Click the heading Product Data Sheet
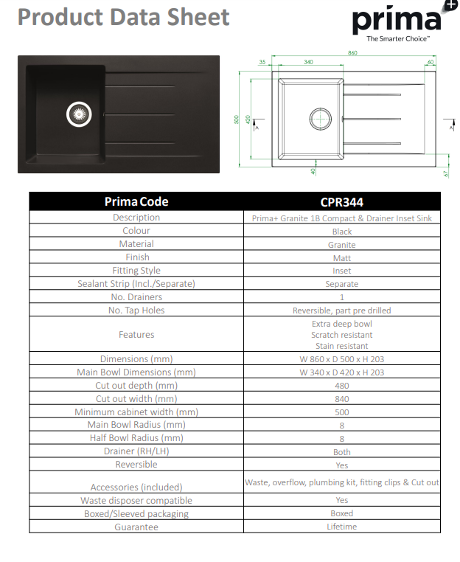[124, 17]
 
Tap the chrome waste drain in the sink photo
[80, 114]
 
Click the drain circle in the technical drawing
[321, 119]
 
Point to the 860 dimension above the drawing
[352, 53]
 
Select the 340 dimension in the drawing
[308, 63]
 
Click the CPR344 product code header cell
[342, 201]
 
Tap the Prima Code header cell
[136, 201]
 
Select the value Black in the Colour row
[342, 231]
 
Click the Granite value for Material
[342, 244]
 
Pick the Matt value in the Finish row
[342, 257]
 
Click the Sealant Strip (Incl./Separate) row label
[136, 284]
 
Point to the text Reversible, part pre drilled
[342, 311]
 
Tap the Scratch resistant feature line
[342, 335]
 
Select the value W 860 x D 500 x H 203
[342, 359]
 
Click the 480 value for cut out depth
[342, 386]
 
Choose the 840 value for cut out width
[342, 399]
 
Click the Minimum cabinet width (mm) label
[136, 412]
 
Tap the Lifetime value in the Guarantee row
[342, 527]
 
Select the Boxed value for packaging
[342, 513]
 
